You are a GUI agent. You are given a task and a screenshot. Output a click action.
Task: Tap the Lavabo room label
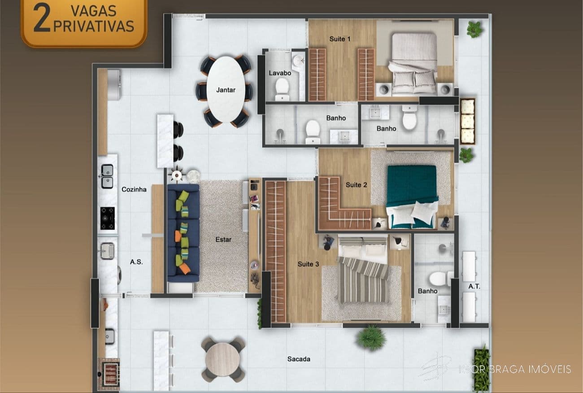(x=280, y=73)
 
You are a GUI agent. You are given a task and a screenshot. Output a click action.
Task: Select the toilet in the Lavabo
(x=282, y=88)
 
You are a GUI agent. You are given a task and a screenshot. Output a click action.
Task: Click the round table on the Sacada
(x=223, y=359)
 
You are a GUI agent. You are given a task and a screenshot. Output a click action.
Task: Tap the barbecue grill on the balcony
(x=109, y=372)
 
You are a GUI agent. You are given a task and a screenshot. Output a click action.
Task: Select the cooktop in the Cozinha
(x=108, y=218)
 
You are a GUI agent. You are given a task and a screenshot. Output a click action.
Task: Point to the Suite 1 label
(x=340, y=39)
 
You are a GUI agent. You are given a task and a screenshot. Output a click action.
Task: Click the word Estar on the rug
(x=223, y=240)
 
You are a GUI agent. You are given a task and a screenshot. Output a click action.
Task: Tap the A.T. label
(x=474, y=287)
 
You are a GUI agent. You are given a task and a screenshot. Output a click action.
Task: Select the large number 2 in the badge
(x=41, y=18)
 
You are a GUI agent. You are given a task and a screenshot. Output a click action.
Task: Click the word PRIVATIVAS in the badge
(x=94, y=26)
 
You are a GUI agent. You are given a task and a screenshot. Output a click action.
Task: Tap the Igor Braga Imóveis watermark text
(x=515, y=369)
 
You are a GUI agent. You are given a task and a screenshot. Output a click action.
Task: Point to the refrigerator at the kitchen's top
(x=113, y=84)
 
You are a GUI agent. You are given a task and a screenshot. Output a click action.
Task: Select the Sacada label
(x=299, y=359)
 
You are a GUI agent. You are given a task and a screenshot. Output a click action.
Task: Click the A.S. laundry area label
(x=136, y=262)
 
